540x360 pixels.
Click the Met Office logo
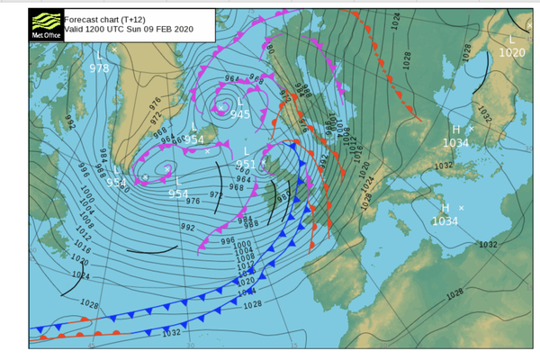pos(46,27)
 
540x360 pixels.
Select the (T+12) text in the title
pos(134,17)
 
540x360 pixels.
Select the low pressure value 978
pos(99,67)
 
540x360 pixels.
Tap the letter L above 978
pos(99,55)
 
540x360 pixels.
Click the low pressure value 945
pos(239,113)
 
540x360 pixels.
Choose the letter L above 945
pos(240,102)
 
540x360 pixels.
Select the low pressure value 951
pos(246,164)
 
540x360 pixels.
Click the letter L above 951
pos(247,151)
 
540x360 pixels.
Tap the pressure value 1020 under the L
pos(511,52)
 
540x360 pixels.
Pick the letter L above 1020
pos(512,40)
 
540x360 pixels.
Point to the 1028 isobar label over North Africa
pos(454,293)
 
